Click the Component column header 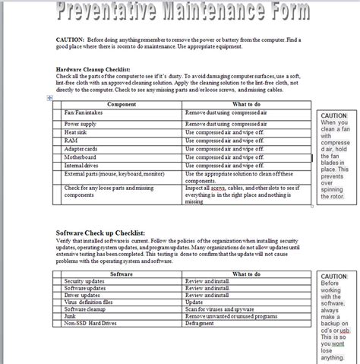pos(122,104)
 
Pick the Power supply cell pos(81,122)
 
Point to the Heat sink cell pos(77,131)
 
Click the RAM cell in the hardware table pos(71,140)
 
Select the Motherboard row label pos(81,157)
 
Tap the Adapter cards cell pos(82,148)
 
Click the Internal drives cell pos(82,165)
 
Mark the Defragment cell pos(201,324)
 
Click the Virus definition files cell pos(88,302)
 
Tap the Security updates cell pos(84,280)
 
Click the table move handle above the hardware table pos(50,98)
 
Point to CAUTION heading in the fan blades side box pos(334,116)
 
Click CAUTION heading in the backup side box pos(334,277)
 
